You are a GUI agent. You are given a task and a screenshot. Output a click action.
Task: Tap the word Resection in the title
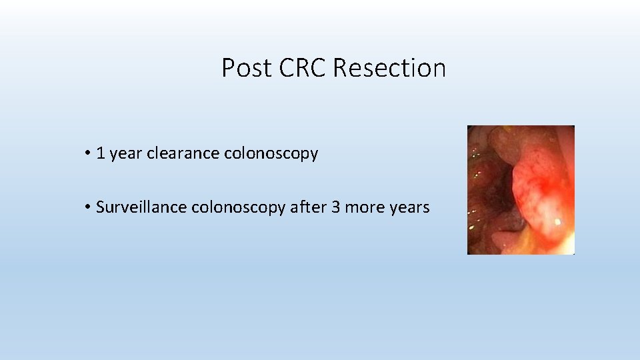[389, 68]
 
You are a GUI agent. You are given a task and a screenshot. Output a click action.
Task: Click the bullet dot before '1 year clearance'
[87, 154]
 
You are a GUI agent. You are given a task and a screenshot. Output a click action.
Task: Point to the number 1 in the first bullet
[101, 154]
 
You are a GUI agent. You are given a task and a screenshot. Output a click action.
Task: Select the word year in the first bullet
[125, 154]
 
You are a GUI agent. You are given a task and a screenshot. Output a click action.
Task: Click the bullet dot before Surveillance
[87, 208]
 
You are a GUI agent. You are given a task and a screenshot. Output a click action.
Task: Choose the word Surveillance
[141, 207]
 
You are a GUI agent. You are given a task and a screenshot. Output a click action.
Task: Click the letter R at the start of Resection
[340, 68]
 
